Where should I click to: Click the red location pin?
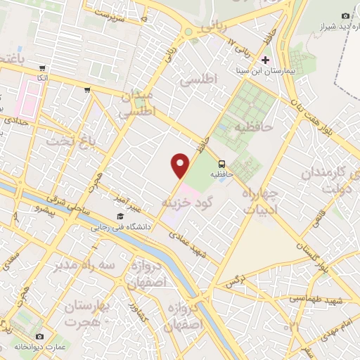coord(181,165)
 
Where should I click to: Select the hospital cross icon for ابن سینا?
coord(265,60)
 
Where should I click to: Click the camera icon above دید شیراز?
coord(345,15)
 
